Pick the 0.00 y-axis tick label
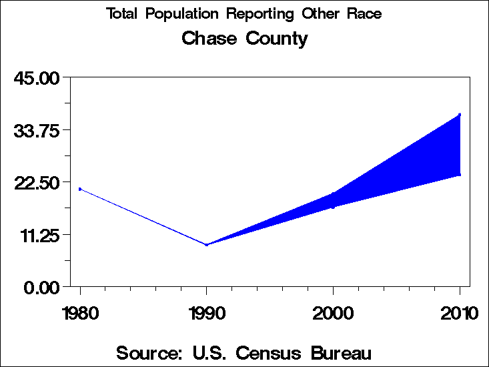[42, 287]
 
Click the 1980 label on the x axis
[80, 312]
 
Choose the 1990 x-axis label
[207, 312]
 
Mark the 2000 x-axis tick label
[334, 312]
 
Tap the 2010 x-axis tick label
[460, 312]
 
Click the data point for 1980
[80, 189]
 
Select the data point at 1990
[207, 245]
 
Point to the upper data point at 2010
[460, 115]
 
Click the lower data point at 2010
[460, 175]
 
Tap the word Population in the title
[189, 14]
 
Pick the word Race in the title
[365, 14]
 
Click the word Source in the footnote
[150, 353]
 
